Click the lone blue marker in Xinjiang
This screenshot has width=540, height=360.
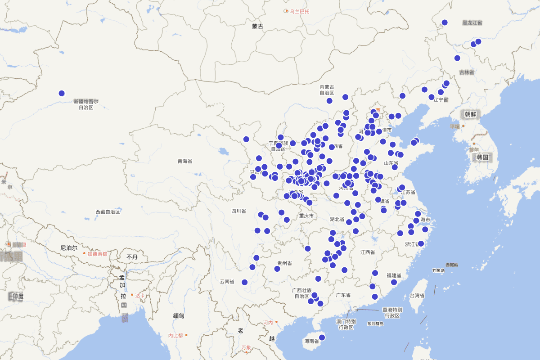click(62, 93)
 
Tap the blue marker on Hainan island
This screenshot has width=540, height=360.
click(322, 337)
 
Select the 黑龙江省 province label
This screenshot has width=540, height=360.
click(472, 22)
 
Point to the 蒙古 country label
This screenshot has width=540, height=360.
click(257, 27)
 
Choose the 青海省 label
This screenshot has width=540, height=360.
click(184, 161)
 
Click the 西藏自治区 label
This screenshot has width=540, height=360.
click(108, 211)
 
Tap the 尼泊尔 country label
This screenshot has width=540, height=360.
click(69, 248)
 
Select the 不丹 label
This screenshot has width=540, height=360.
click(132, 257)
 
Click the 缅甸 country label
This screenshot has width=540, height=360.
click(179, 316)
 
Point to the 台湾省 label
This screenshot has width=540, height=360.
click(417, 296)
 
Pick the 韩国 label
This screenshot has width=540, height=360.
click(482, 157)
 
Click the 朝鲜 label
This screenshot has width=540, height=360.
click(470, 115)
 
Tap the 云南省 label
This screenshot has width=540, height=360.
click(227, 282)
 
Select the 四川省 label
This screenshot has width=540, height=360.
click(238, 211)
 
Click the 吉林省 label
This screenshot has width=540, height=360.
click(467, 72)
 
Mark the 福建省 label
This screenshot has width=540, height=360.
click(394, 275)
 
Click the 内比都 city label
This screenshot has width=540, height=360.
click(175, 335)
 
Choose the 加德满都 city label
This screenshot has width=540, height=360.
click(97, 254)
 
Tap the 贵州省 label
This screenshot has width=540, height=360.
click(284, 263)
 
